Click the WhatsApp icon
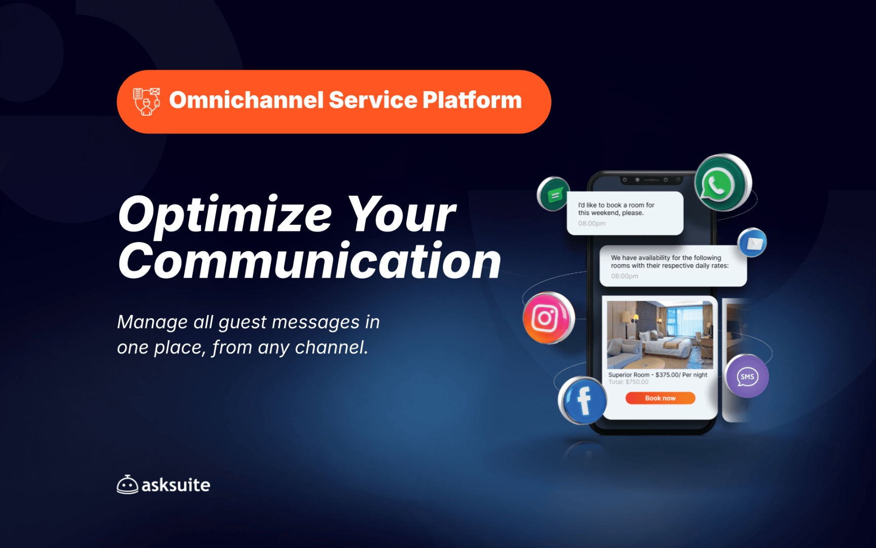[723, 183]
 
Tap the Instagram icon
[548, 318]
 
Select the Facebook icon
[583, 400]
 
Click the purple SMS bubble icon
[747, 376]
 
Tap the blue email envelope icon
[752, 243]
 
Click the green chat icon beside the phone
[553, 194]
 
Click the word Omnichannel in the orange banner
[246, 100]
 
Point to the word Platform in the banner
[472, 100]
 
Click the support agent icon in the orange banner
[147, 101]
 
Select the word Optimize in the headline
[225, 215]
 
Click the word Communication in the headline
[310, 261]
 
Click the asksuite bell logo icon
[127, 485]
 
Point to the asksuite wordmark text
[176, 485]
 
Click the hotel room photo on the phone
[660, 335]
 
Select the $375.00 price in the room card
[667, 375]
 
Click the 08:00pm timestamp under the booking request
[592, 223]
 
